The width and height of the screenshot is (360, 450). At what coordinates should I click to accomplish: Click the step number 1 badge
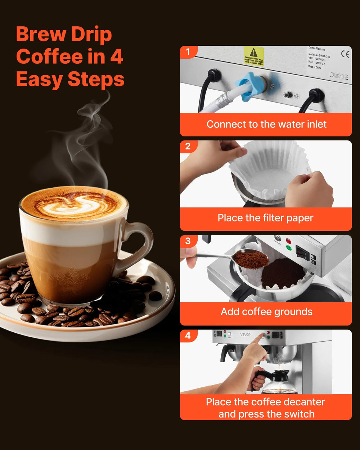pos(188,52)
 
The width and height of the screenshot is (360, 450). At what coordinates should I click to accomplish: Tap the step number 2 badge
pos(188,146)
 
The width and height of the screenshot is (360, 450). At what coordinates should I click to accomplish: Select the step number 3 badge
pos(188,241)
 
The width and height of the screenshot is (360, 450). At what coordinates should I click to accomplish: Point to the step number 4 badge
pos(188,336)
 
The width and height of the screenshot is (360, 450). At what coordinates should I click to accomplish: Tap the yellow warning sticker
pos(254,56)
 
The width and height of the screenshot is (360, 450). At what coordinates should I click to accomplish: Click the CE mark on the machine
pos(345,54)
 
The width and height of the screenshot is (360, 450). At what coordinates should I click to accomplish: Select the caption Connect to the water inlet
pos(266,125)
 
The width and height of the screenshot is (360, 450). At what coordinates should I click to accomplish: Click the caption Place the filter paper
pos(266,218)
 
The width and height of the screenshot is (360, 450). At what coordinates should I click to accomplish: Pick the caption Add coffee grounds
pos(266,312)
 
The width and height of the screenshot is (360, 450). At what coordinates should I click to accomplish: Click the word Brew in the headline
pos(41,35)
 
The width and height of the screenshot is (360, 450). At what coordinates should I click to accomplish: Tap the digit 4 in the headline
pos(116,57)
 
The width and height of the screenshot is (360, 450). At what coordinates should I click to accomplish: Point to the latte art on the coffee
pos(74,204)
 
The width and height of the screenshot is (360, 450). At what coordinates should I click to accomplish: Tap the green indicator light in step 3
pos(288,248)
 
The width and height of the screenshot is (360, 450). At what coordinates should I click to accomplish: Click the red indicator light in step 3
pos(288,240)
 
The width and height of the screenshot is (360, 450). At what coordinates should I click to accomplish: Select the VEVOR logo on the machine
pos(245,334)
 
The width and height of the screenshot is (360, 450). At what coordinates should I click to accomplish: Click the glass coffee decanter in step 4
pos(279,383)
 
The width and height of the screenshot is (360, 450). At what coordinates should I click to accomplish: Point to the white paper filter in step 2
pos(270,169)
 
